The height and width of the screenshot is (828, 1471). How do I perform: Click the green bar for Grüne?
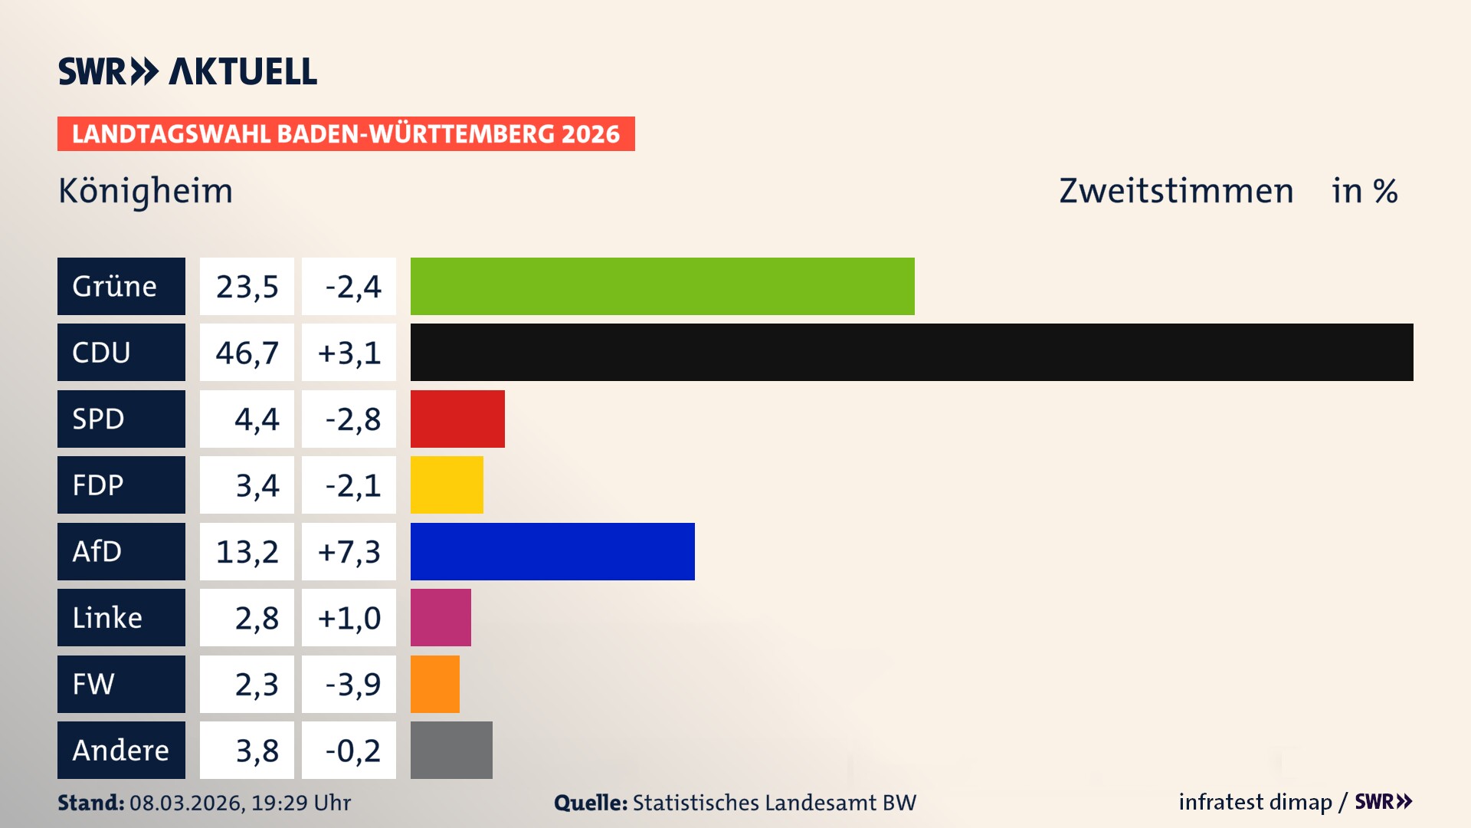pos(662,286)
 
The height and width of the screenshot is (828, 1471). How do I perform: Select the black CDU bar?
pos(912,353)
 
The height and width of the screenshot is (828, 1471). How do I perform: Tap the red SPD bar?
pos(457,419)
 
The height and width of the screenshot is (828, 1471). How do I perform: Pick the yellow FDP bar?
pos(447,485)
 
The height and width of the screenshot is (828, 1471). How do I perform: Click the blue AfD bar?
pos(552,551)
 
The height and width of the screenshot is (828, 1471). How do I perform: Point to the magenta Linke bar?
pos(441,617)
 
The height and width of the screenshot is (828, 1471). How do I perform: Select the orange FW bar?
pos(435,684)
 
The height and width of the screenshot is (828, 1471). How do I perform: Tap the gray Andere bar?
pos(451,750)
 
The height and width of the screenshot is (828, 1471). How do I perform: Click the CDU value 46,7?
pos(247,353)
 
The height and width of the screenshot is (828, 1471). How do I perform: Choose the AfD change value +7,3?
pos(349,551)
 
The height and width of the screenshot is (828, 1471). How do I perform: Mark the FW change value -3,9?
pos(352,684)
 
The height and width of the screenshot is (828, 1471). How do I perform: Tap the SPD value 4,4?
pos(256,419)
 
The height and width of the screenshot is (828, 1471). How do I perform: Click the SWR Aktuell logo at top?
pos(187,71)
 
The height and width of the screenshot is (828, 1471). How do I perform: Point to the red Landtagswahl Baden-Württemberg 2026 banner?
pos(346,134)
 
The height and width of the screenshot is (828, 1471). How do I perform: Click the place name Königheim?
pos(146,191)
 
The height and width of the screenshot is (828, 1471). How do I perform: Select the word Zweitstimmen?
pos(1175,191)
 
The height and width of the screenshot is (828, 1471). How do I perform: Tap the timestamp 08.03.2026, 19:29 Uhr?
pos(240,803)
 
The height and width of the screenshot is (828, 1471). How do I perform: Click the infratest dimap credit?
pos(1255,802)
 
